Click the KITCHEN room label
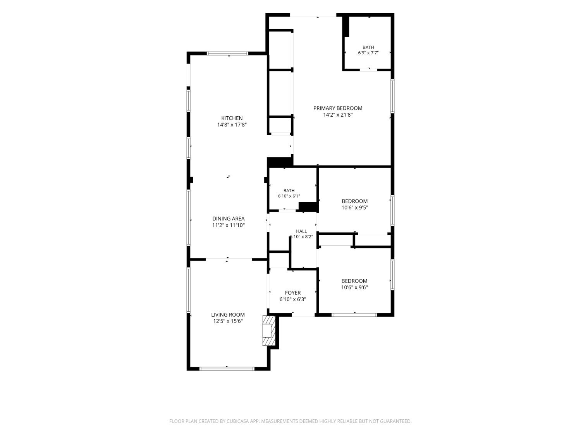(232, 118)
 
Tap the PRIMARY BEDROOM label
(338, 108)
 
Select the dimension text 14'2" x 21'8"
(338, 115)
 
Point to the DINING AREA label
(229, 219)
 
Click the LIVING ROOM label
(228, 315)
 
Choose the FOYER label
(293, 293)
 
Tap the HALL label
(301, 231)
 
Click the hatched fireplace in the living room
(269, 331)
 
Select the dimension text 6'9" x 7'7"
(368, 53)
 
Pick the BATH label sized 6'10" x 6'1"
(289, 191)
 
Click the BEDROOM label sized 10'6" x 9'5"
(355, 201)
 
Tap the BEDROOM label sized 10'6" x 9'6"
(354, 281)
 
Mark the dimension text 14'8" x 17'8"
(232, 125)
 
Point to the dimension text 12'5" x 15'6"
(228, 321)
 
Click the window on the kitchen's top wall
(228, 53)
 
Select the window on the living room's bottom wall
(227, 369)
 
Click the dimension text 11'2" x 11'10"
(229, 225)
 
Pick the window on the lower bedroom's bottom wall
(354, 315)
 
